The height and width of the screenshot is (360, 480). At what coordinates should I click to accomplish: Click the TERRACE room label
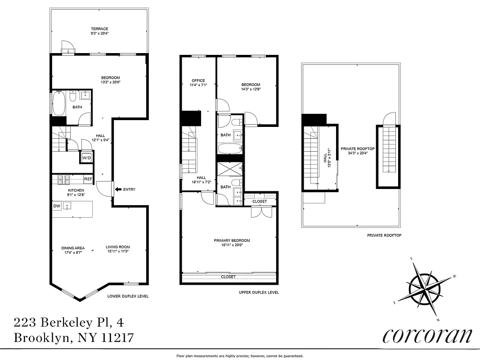(99, 29)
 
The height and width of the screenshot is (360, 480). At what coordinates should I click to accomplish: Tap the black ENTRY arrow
(118, 189)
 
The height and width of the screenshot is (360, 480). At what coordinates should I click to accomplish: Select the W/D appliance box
(86, 158)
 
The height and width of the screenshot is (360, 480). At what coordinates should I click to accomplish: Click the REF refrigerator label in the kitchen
(88, 180)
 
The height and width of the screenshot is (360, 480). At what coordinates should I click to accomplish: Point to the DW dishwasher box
(57, 206)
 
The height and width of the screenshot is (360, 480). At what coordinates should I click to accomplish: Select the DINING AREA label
(73, 247)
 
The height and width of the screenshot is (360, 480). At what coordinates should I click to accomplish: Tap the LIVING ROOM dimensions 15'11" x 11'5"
(118, 252)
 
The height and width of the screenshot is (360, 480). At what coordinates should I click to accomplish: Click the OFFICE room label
(198, 81)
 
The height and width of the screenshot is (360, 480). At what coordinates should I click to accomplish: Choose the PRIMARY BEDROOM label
(231, 240)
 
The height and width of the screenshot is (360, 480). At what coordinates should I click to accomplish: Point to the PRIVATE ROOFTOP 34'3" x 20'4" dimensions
(358, 153)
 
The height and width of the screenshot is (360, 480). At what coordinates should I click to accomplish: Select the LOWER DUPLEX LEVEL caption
(128, 296)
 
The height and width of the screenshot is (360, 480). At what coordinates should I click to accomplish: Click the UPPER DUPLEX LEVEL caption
(259, 292)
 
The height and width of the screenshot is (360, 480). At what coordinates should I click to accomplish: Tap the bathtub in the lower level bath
(59, 103)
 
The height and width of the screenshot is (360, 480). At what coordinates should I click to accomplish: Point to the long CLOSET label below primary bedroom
(229, 277)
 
